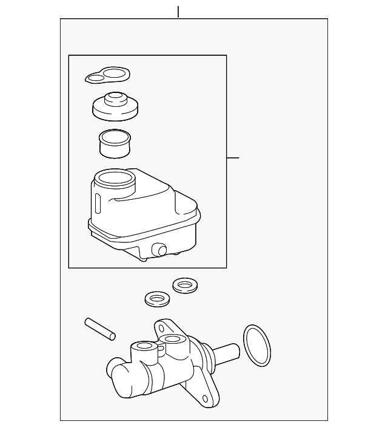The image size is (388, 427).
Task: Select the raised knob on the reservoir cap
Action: click(x=113, y=98)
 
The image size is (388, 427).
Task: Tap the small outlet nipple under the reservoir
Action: click(x=161, y=250)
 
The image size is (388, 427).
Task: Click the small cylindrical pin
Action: click(x=100, y=328)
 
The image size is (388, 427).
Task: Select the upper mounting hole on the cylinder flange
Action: click(x=161, y=329)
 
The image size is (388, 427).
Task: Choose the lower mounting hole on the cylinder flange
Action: click(x=207, y=400)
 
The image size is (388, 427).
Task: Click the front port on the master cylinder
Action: click(x=145, y=347)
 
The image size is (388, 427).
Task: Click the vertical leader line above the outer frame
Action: click(x=178, y=12)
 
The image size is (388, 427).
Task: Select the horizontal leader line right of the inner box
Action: click(x=233, y=158)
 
